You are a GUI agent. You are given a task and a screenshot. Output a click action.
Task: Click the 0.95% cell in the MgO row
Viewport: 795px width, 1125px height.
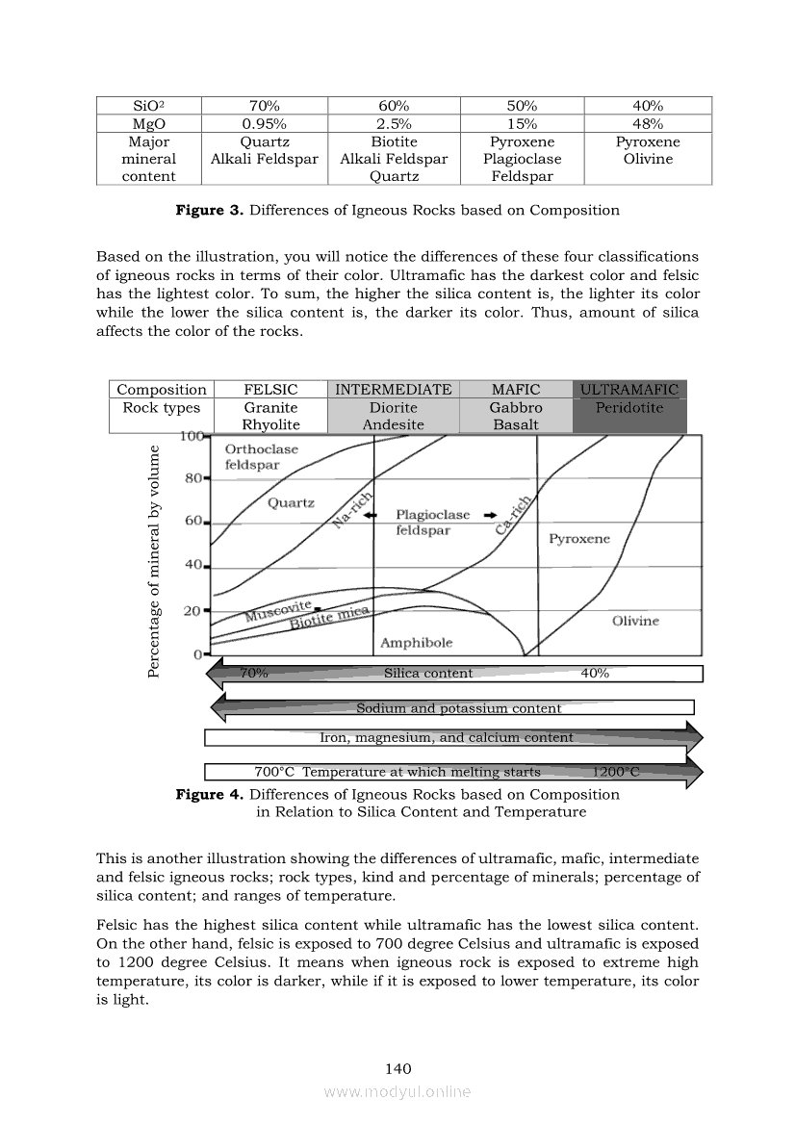[265, 124]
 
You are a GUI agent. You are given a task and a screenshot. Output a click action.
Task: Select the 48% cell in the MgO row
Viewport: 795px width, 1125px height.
[648, 124]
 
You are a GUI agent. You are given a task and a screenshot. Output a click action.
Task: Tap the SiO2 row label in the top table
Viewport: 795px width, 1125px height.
[149, 106]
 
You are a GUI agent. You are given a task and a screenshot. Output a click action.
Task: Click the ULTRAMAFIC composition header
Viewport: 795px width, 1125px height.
[629, 390]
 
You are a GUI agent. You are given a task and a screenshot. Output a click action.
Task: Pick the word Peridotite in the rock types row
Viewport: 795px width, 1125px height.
[629, 407]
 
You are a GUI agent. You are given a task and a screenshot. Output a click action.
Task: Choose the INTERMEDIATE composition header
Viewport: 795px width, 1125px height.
[393, 390]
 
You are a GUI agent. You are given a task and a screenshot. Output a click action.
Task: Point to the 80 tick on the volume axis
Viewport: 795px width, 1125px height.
[192, 477]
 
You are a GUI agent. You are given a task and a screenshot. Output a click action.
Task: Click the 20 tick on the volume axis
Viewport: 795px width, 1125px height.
[192, 610]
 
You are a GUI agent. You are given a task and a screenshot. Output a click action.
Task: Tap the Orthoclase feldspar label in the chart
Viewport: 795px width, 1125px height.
[261, 456]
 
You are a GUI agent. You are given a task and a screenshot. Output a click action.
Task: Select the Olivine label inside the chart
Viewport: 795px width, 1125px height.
[635, 621]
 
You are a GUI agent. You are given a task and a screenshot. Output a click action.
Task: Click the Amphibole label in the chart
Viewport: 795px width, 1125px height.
[416, 642]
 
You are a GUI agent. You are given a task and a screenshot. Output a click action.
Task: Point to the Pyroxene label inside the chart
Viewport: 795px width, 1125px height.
[579, 539]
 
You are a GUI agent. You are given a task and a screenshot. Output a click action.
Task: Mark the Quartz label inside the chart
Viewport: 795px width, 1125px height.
[291, 502]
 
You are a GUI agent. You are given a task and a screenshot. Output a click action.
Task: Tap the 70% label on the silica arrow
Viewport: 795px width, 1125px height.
[253, 674]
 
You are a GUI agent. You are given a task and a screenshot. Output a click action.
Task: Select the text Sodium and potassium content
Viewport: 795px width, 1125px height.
[458, 708]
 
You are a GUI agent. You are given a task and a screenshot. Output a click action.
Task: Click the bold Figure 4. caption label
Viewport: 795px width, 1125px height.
[209, 794]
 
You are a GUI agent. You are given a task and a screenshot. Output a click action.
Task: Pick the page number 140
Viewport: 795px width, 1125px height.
[397, 1068]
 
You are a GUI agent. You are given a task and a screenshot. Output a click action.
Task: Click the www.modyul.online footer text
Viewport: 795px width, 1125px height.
[397, 1091]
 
